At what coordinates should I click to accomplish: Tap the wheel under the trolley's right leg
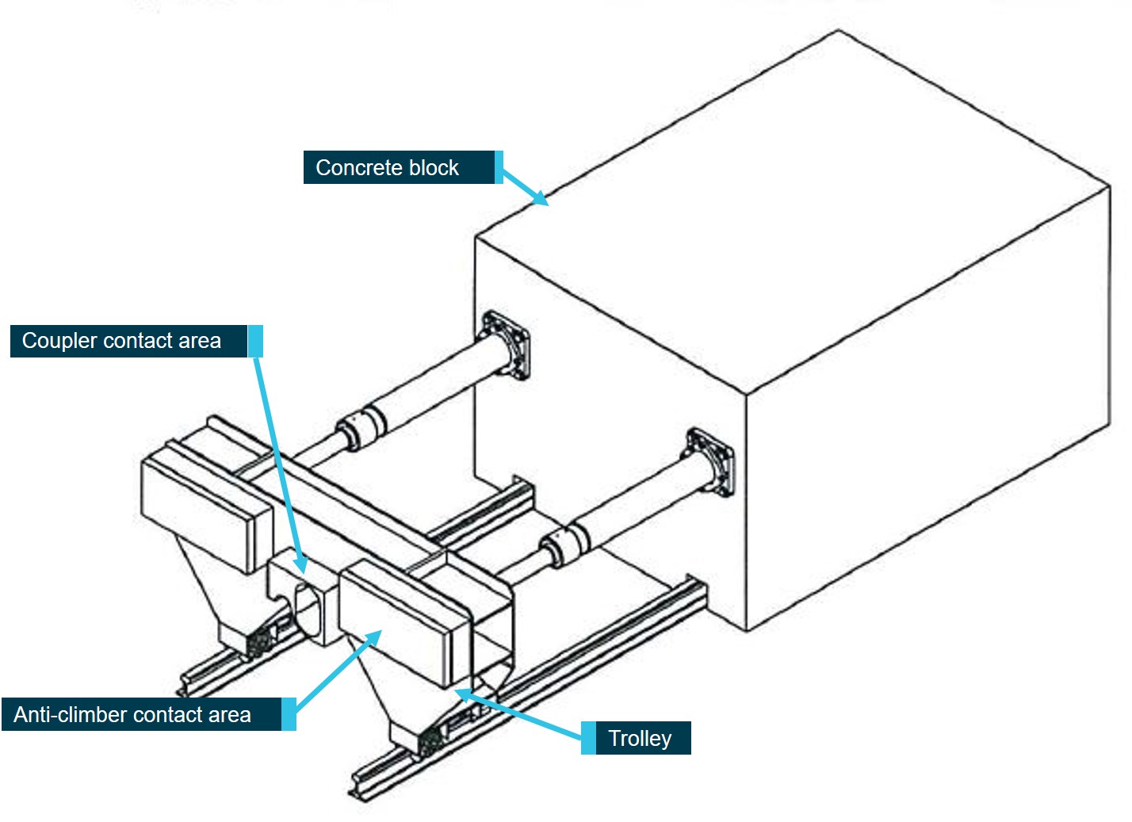coord(430,743)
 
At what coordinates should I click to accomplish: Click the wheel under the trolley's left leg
coord(259,643)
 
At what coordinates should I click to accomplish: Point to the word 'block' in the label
coord(434,167)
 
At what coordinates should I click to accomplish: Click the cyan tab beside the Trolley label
coord(588,738)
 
